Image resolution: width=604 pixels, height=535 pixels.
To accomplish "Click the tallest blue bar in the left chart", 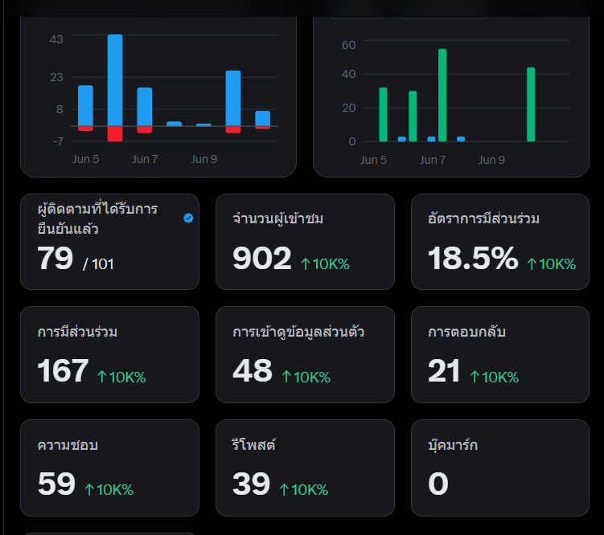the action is click(115, 80).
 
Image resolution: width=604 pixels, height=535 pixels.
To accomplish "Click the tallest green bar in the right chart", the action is click(442, 95).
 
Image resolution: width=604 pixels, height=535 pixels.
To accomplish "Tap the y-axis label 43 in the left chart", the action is click(56, 39).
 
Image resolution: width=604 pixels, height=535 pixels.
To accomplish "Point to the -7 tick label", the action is click(58, 141).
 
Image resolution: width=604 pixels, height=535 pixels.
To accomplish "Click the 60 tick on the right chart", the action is click(348, 45).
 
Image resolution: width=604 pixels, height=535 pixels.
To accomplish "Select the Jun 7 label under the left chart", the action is click(145, 159).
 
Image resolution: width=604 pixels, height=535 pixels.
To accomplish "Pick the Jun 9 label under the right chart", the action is click(491, 160).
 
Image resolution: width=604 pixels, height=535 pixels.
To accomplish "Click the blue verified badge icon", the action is click(188, 218).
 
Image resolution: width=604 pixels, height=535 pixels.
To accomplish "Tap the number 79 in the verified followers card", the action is click(55, 258).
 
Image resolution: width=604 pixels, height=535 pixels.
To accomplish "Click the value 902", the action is click(262, 258).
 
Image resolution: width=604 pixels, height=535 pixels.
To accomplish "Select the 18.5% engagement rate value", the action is click(473, 258).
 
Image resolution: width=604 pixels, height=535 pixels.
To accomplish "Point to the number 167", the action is click(63, 371).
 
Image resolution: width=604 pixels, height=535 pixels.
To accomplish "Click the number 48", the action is click(253, 371).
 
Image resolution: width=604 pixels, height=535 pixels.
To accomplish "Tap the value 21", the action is click(444, 371).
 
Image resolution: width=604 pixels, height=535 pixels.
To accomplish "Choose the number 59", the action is click(56, 484).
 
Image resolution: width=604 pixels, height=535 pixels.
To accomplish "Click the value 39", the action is click(252, 484).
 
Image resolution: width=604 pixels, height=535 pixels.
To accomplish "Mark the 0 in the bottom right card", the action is click(438, 484).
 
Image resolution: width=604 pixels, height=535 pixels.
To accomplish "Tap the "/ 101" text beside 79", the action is click(98, 264).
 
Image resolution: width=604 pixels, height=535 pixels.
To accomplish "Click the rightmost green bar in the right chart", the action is click(531, 104).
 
